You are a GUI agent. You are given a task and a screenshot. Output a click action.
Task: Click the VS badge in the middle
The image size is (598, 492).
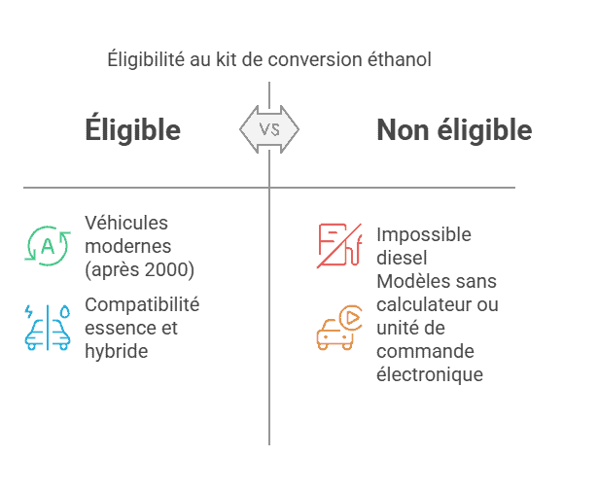coord(269,129)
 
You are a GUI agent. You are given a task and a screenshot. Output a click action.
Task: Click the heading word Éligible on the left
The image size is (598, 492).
coord(132,130)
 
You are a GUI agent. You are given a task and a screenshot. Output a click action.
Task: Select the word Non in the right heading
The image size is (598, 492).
coord(403,130)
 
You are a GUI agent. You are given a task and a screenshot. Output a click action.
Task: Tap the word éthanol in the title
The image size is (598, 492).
coord(399,59)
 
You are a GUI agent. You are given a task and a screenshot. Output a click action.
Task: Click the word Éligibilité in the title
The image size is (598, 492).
coord(146,59)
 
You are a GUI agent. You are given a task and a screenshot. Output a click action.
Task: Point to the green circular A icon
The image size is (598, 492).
coord(47,245)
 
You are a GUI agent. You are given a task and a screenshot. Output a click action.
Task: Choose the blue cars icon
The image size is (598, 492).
coord(47,327)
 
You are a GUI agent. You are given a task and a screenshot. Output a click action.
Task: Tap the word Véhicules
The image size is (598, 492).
coord(126,223)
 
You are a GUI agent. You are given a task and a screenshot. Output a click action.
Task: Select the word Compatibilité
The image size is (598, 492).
coord(142,304)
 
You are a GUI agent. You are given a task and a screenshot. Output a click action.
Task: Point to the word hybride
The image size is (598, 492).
coord(117,351)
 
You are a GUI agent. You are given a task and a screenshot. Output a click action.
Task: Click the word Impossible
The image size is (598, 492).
coord(424,234)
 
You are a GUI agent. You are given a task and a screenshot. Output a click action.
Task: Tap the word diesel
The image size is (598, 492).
coord(402,258)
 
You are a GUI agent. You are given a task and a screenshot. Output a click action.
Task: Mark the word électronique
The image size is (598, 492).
coord(430,374)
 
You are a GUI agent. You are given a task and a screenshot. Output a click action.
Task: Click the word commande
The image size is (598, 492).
coord(418,351)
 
